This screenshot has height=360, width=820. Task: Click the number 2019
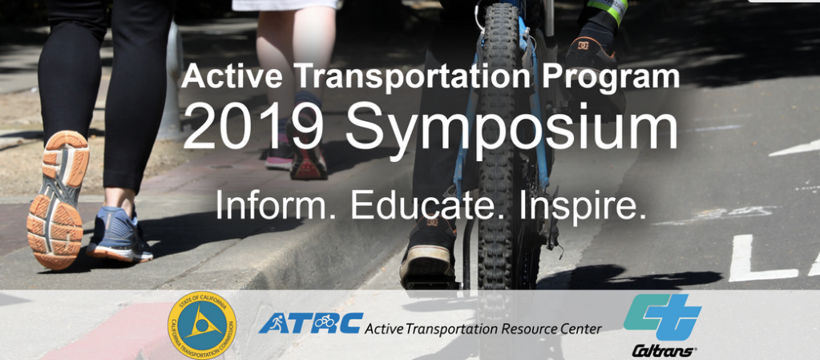[x=252, y=128]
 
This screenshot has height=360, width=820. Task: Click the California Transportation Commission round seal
[x=202, y=324]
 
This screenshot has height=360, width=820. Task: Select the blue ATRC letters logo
[x=310, y=323]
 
